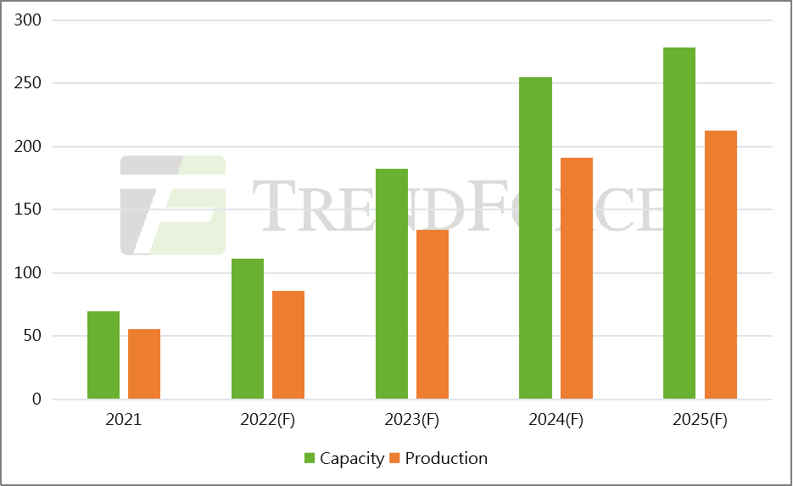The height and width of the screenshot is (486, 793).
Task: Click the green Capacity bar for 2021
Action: click(x=103, y=355)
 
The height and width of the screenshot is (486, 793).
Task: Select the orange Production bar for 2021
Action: click(x=144, y=364)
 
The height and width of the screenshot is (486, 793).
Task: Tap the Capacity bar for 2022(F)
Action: click(x=248, y=329)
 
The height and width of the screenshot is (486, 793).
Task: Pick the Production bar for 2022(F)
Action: click(x=288, y=345)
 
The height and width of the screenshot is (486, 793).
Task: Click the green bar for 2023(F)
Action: click(x=392, y=284)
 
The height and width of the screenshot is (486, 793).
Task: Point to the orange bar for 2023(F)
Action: click(x=433, y=315)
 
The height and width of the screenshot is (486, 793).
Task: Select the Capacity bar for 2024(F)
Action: click(x=535, y=238)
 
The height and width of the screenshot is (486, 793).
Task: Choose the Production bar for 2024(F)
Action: click(x=577, y=278)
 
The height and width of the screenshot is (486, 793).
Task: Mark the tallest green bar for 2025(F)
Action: click(x=679, y=223)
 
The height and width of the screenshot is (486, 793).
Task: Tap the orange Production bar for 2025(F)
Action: click(x=721, y=265)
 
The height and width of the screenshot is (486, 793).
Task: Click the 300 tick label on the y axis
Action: click(x=29, y=20)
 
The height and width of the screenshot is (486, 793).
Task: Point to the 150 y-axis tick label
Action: click(x=29, y=209)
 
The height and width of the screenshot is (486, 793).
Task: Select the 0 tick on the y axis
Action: click(x=36, y=399)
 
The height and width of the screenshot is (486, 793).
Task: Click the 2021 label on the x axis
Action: click(x=124, y=420)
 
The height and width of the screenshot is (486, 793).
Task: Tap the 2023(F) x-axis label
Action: click(x=412, y=420)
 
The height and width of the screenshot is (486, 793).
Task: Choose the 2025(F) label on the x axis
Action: click(x=700, y=420)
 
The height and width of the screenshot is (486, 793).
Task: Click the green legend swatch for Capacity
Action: click(x=310, y=459)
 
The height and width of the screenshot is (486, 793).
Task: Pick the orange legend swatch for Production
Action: click(x=394, y=459)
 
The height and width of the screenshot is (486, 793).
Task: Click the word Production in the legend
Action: click(x=446, y=459)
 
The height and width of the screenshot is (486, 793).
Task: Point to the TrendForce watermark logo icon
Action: click(x=173, y=205)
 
